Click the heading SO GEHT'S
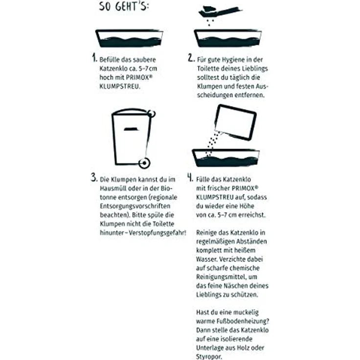coord(124,6)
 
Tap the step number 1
coord(94,58)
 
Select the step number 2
coord(191,58)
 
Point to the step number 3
coord(94,178)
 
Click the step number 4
coord(190,178)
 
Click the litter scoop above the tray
coord(220,11)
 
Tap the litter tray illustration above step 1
coord(129,38)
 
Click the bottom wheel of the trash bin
coord(144,163)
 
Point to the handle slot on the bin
coord(131,129)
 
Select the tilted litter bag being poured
coord(235,122)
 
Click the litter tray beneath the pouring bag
coord(225,157)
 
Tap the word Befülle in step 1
coord(109,60)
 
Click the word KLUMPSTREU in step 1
coord(119,87)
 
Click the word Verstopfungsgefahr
coord(157,233)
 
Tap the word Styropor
coord(209,357)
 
